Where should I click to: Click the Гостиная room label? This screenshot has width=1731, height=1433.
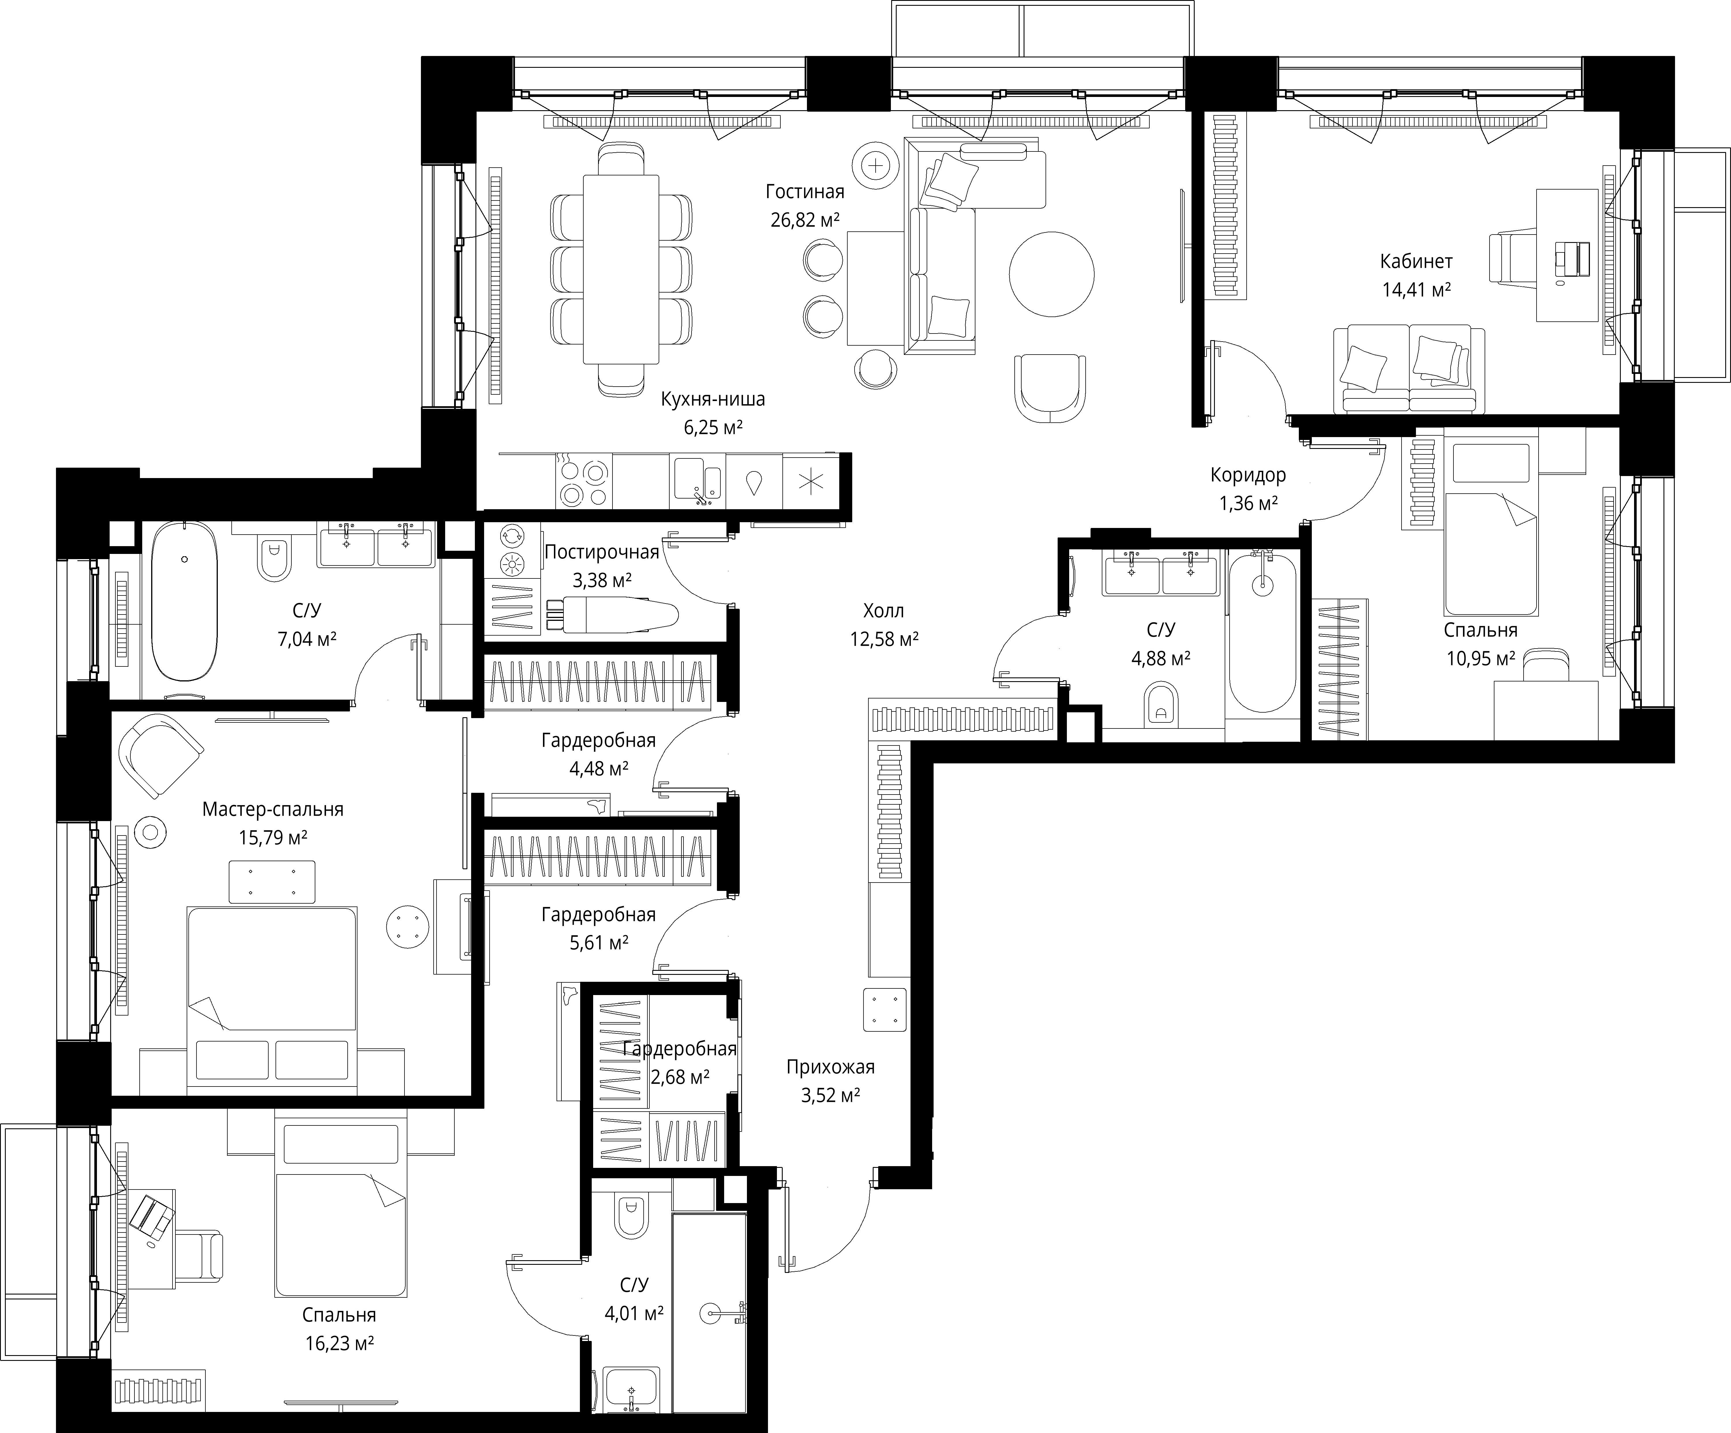[x=805, y=192]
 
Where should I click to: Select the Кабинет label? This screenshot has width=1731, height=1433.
[x=1416, y=261]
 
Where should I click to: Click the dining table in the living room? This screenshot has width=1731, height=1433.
[x=621, y=269]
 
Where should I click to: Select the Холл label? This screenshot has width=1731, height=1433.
[x=884, y=611]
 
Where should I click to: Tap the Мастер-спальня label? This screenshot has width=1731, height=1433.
[x=273, y=810]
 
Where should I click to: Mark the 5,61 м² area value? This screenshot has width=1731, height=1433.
[x=598, y=943]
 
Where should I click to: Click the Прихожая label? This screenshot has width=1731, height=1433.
[x=830, y=1067]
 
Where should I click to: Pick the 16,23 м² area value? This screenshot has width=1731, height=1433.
[x=340, y=1344]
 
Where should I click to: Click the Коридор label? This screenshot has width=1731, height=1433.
[x=1248, y=475]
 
